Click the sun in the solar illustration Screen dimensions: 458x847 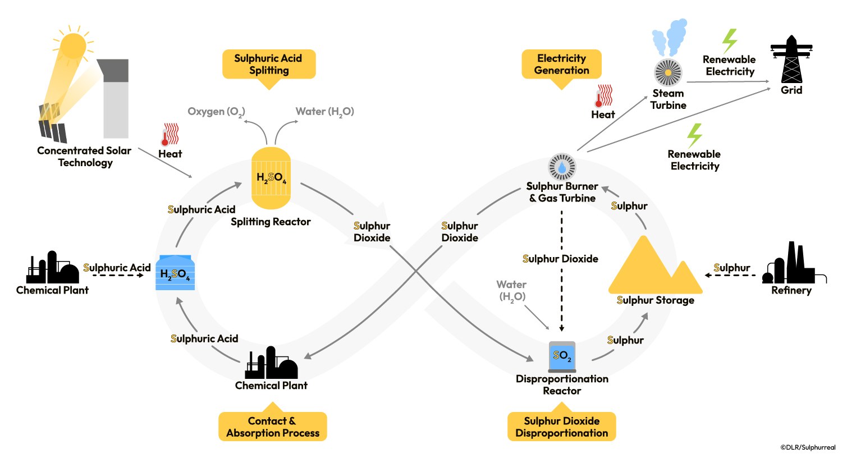pyautogui.click(x=74, y=45)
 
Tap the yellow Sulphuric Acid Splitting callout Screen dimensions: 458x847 pyautogui.click(x=269, y=65)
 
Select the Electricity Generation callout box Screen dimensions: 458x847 pyautogui.click(x=561, y=65)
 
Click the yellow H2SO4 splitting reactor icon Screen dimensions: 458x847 pyautogui.click(x=271, y=178)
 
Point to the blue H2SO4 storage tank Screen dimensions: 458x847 pyautogui.click(x=175, y=273)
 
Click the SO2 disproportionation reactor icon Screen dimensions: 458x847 pyautogui.click(x=562, y=356)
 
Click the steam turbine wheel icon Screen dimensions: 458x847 pyautogui.click(x=668, y=72)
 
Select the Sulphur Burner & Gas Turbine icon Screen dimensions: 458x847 pyautogui.click(x=562, y=167)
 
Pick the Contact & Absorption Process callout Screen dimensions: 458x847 pyautogui.click(x=273, y=427)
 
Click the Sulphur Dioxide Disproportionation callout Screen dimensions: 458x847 pyautogui.click(x=562, y=427)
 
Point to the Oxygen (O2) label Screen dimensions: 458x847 pyautogui.click(x=216, y=112)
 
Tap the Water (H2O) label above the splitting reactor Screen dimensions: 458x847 pyautogui.click(x=324, y=112)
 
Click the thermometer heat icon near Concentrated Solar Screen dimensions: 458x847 pyautogui.click(x=170, y=135)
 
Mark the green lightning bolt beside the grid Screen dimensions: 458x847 pyautogui.click(x=729, y=41)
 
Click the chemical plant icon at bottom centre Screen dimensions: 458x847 pyautogui.click(x=271, y=363)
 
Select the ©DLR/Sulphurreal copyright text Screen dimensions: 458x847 pyautogui.click(x=808, y=447)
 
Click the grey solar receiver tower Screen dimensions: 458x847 pyautogui.click(x=116, y=98)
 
